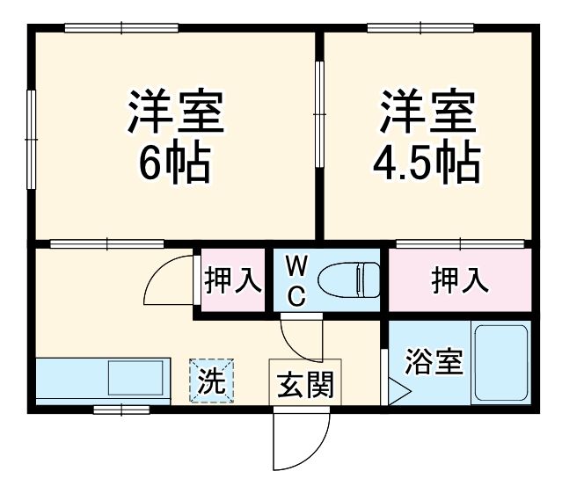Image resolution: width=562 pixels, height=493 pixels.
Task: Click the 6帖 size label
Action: tap(175, 163)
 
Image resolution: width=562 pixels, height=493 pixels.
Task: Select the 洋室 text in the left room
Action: tap(175, 109)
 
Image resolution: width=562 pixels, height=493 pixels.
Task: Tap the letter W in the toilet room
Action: tap(296, 265)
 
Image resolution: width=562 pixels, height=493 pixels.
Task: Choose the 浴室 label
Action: tap(433, 362)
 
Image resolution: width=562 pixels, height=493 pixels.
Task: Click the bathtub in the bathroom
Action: tap(500, 363)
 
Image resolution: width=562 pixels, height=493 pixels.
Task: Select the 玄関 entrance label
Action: tap(305, 384)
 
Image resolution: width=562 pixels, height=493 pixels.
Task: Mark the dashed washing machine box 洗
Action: tap(211, 381)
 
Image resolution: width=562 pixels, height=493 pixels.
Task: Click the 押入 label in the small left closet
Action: tap(232, 280)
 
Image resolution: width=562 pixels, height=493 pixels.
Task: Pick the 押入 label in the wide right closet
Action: tap(459, 280)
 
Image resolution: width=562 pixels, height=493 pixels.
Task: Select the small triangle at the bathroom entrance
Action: tap(398, 390)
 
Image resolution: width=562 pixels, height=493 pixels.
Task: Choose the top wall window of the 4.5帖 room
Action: tap(410, 29)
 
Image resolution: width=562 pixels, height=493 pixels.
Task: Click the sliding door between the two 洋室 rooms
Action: tap(319, 110)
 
